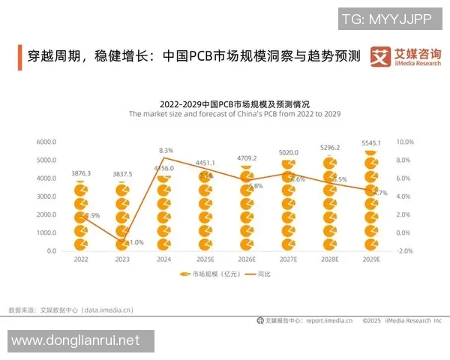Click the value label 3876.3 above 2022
81,173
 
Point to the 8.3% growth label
166,151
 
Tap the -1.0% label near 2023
134,242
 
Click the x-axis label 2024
165,259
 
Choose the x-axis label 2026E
247,259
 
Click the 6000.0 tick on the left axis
46,142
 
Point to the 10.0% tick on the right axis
405,142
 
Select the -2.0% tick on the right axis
405,251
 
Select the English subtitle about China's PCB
235,114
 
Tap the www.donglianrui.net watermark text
76,340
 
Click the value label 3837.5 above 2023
123,174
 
